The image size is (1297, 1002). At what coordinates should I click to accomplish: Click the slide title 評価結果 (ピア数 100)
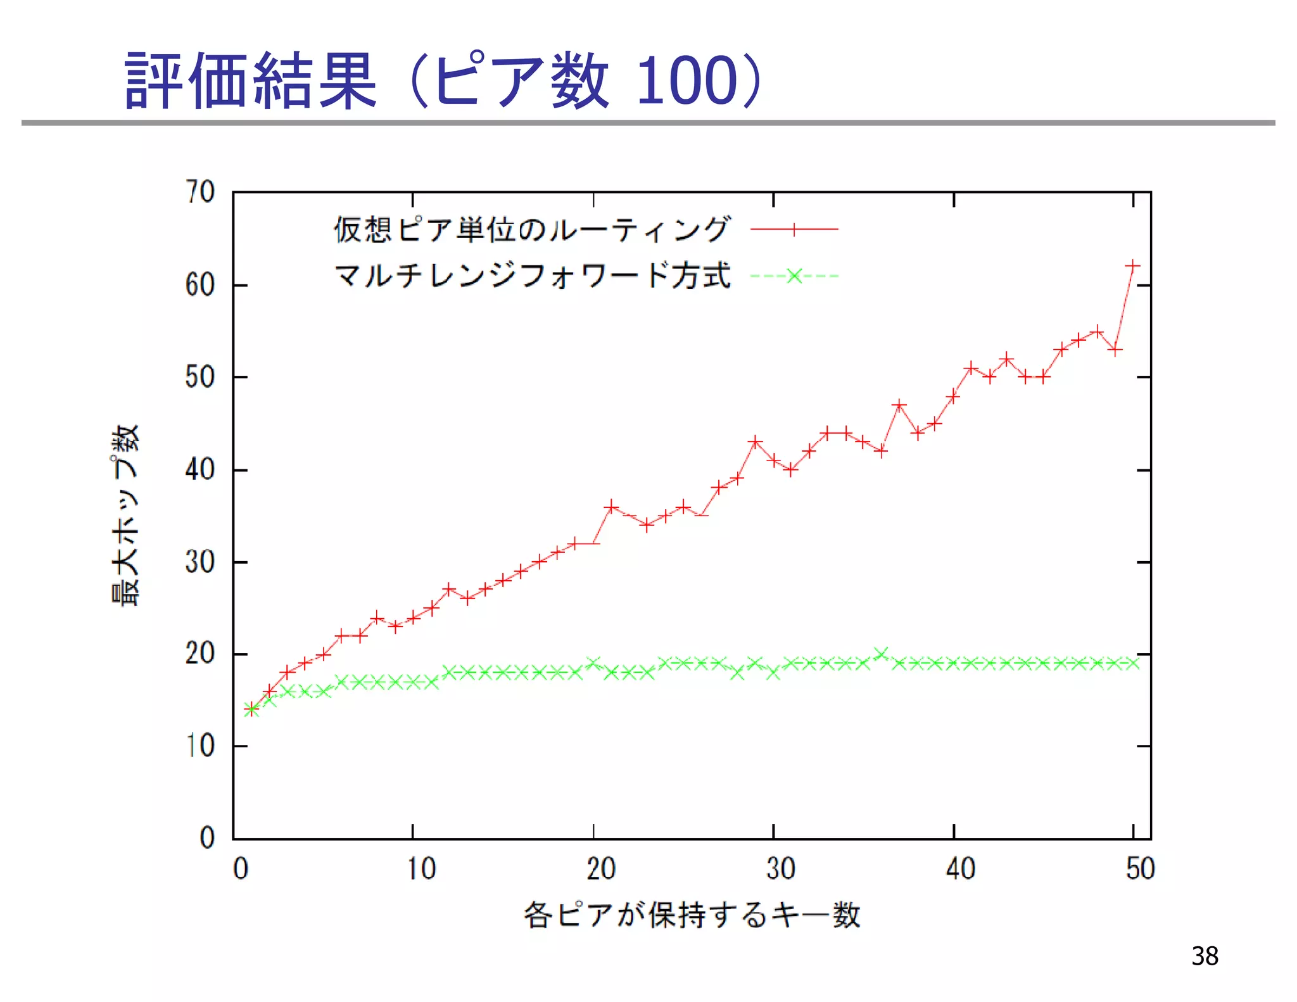click(x=443, y=80)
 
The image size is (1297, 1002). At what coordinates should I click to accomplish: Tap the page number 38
click(x=1204, y=956)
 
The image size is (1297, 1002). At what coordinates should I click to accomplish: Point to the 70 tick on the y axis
click(x=199, y=192)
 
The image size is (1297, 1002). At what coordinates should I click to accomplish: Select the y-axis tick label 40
click(x=199, y=470)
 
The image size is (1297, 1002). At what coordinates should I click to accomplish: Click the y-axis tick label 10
click(x=199, y=746)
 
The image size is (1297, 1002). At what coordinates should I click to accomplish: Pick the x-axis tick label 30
click(x=780, y=868)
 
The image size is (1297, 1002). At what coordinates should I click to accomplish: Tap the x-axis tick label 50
click(x=1140, y=868)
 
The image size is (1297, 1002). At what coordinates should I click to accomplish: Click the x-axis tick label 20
click(x=600, y=868)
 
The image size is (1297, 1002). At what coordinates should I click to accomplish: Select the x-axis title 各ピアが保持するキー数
click(x=692, y=915)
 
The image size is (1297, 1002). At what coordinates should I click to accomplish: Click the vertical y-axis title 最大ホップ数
click(x=125, y=516)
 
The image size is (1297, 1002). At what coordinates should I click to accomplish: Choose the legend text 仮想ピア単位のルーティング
click(x=532, y=229)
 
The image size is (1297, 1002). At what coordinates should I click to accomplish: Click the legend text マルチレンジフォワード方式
click(x=532, y=276)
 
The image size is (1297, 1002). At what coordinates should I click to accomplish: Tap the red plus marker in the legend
click(x=794, y=229)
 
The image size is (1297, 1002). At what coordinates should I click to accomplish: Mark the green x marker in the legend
click(x=794, y=276)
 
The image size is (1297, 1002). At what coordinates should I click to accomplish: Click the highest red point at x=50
click(x=1133, y=266)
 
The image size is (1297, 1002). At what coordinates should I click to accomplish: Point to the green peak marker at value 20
click(x=881, y=654)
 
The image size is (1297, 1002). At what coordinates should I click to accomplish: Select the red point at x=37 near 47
click(x=899, y=405)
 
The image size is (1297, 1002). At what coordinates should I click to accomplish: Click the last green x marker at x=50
click(x=1133, y=663)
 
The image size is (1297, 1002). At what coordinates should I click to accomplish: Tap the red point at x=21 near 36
click(x=611, y=507)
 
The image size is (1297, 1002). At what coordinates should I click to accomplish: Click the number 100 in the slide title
click(x=688, y=80)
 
